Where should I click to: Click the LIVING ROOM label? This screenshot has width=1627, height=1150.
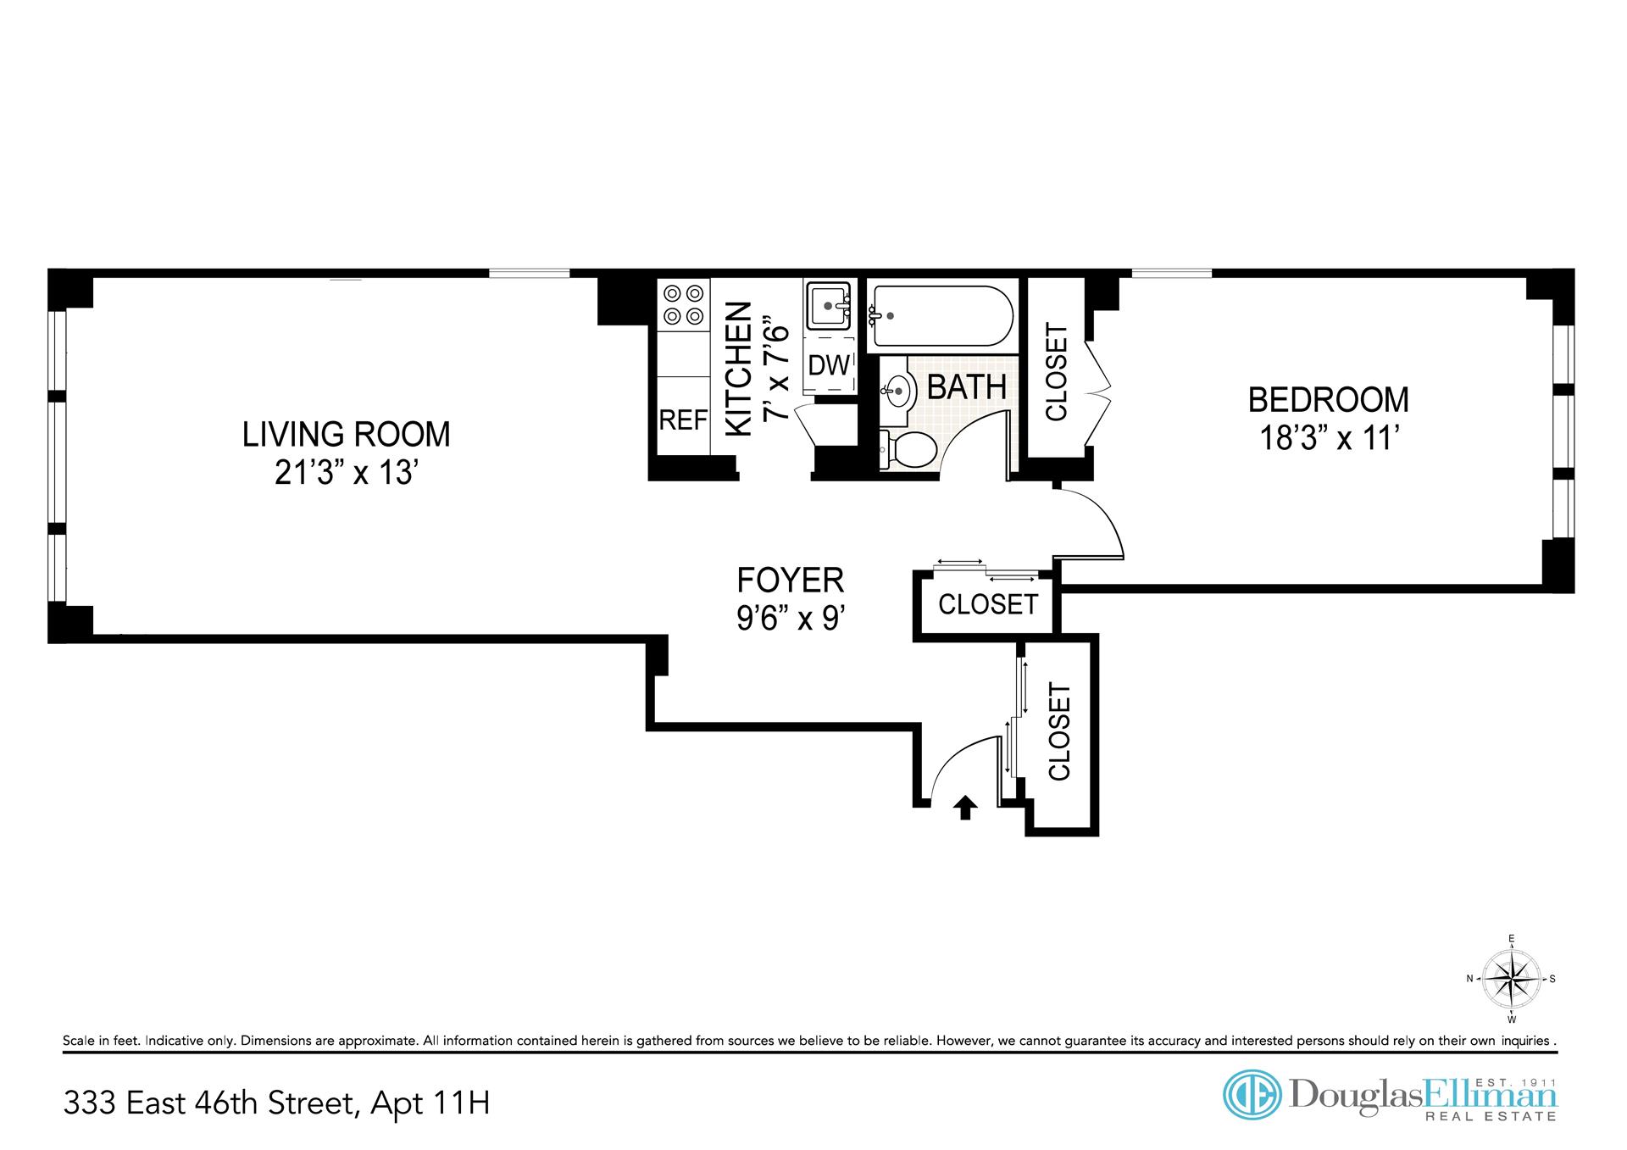tap(346, 434)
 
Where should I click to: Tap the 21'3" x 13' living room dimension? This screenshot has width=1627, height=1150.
tap(346, 472)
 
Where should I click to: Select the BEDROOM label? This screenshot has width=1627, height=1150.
tap(1328, 399)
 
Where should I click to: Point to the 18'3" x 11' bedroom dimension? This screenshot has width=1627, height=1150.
tap(1328, 438)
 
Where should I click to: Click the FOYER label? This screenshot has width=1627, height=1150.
tap(791, 580)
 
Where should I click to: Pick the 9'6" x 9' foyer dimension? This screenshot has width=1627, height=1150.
tap(791, 618)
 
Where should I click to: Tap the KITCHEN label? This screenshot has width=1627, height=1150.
tap(739, 369)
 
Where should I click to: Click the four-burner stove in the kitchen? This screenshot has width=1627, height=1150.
tap(684, 305)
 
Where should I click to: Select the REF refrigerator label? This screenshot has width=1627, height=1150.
tap(683, 419)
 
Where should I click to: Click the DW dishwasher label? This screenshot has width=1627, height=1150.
tap(829, 365)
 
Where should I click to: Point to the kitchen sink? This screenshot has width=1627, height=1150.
tap(828, 306)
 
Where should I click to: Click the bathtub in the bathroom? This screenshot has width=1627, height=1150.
tap(941, 315)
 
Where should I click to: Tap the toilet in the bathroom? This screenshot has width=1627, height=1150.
tap(907, 449)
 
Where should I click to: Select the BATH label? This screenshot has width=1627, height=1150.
tap(967, 387)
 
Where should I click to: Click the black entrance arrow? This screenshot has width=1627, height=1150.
tap(964, 808)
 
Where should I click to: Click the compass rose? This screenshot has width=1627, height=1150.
tap(1511, 978)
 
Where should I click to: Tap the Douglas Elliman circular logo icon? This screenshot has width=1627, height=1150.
tap(1252, 1095)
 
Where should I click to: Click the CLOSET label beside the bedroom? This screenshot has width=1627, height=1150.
tap(1058, 372)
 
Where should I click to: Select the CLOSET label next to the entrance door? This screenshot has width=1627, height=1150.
tap(1060, 732)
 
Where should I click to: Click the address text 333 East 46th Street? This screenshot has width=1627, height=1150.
tap(208, 1103)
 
